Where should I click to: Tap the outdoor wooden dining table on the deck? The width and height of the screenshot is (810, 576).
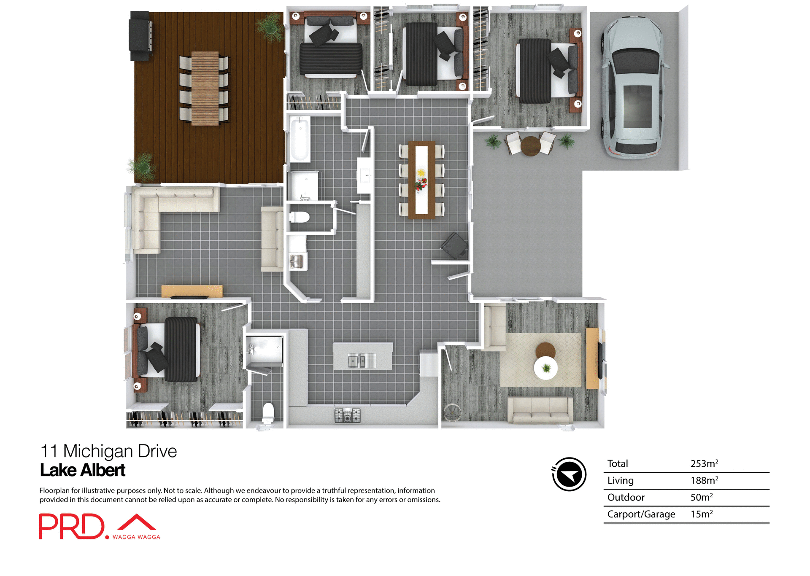[205, 89]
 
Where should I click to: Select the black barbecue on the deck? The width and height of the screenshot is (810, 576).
[140, 36]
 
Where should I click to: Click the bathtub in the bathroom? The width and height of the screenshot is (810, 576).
[300, 139]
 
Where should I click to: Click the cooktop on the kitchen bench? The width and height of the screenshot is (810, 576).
[347, 415]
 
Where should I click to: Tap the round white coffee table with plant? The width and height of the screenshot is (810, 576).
[546, 368]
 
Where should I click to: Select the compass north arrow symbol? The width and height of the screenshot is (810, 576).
[569, 474]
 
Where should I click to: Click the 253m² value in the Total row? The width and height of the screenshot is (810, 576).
[704, 464]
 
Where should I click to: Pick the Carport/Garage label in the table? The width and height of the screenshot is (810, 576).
[641, 514]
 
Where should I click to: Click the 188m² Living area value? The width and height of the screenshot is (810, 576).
[704, 481]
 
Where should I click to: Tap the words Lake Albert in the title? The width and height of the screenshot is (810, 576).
[83, 471]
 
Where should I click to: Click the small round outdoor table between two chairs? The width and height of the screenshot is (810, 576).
[531, 146]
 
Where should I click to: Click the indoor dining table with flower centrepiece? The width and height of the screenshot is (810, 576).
[421, 180]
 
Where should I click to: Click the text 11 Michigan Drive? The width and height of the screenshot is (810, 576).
[108, 451]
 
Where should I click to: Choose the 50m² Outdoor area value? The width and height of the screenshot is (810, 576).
[701, 498]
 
